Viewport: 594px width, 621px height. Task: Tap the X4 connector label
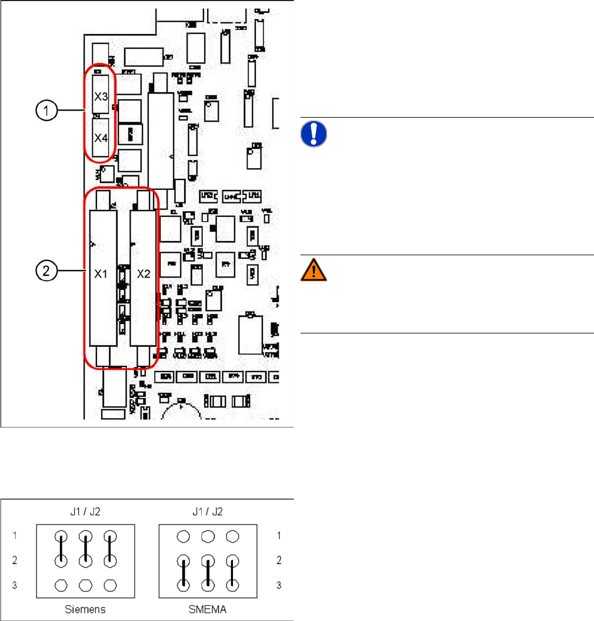(x=101, y=139)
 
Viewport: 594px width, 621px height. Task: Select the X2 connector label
(x=144, y=273)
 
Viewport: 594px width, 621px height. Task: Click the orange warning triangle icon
(x=313, y=270)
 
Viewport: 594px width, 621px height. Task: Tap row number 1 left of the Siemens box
(x=16, y=536)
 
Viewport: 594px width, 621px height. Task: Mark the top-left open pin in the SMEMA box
(x=184, y=536)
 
